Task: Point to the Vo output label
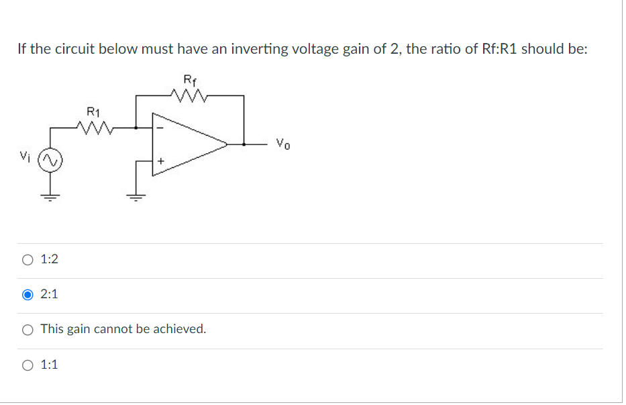(x=283, y=142)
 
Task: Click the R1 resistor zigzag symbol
(x=93, y=126)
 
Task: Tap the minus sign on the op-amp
(x=160, y=126)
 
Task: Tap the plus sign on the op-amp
(x=161, y=162)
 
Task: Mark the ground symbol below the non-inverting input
(x=138, y=196)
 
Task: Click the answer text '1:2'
(x=49, y=259)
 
